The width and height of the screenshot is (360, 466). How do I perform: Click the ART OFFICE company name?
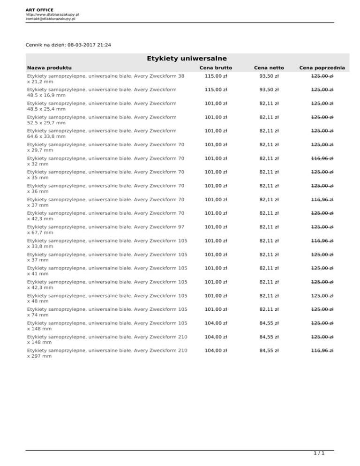click(x=40, y=9)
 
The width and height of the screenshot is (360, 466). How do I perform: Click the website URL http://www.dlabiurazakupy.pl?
click(x=52, y=15)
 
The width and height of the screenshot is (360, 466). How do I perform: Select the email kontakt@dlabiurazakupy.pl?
click(x=51, y=19)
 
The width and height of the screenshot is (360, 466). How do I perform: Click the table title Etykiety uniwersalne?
click(x=180, y=58)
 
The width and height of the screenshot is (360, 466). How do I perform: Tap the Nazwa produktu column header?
click(x=49, y=68)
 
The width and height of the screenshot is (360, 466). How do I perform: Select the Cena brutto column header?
click(x=216, y=68)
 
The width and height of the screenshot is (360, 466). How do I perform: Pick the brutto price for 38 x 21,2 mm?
click(x=216, y=76)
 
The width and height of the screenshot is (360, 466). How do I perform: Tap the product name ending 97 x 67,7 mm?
click(x=106, y=230)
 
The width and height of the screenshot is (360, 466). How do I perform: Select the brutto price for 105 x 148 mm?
click(x=216, y=323)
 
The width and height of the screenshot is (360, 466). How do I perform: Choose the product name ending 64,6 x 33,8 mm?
click(x=102, y=134)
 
